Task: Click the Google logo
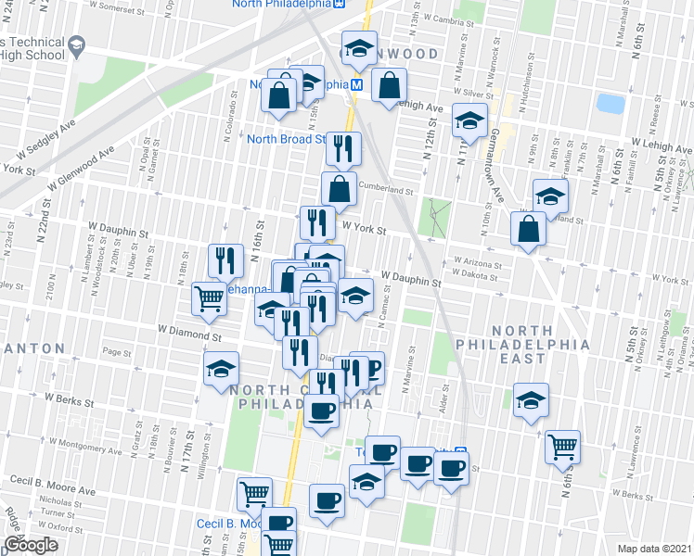(31, 546)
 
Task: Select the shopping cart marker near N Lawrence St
(562, 447)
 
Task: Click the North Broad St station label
(286, 140)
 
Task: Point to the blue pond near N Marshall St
(610, 102)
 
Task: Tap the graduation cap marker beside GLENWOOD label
(359, 48)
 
